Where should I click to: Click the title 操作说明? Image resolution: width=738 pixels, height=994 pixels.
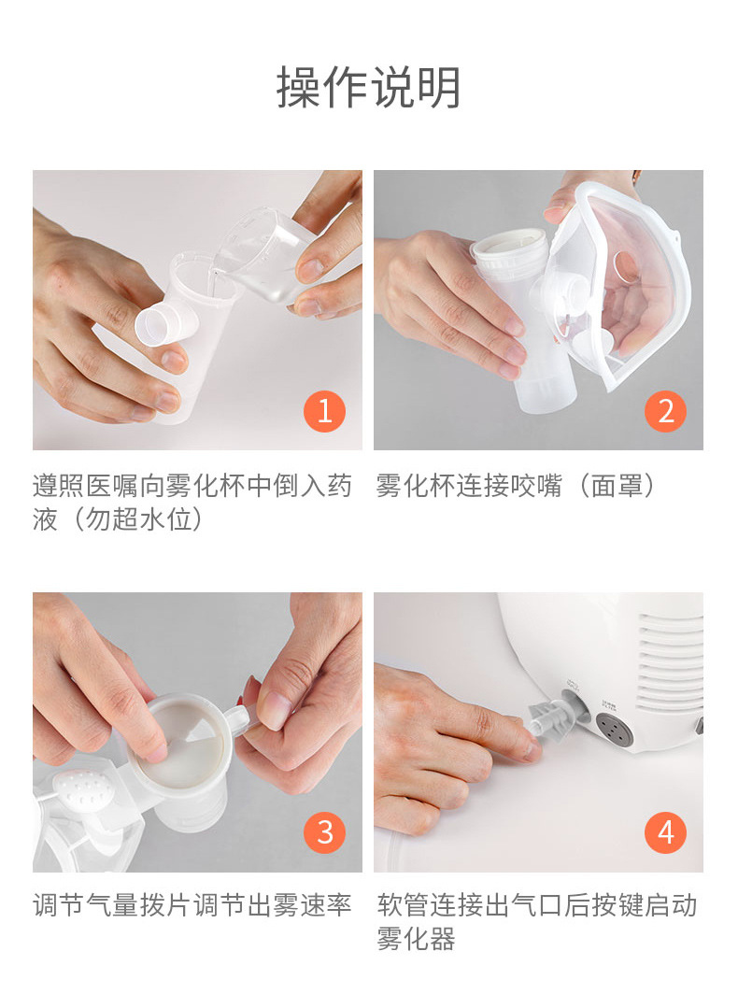pos(368,88)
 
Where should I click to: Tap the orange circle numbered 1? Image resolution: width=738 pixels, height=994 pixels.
pos(324,411)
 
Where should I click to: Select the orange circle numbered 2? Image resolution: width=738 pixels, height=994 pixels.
pos(665,411)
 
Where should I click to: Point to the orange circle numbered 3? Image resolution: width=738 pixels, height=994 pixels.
pos(324,831)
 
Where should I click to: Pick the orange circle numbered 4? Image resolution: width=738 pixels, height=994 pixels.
pos(665,831)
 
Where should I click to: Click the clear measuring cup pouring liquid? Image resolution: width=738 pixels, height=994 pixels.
pos(266,257)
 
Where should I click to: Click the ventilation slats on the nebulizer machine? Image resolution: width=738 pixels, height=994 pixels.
pos(669,662)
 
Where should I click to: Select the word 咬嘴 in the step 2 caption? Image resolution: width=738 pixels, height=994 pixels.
pos(535,486)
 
